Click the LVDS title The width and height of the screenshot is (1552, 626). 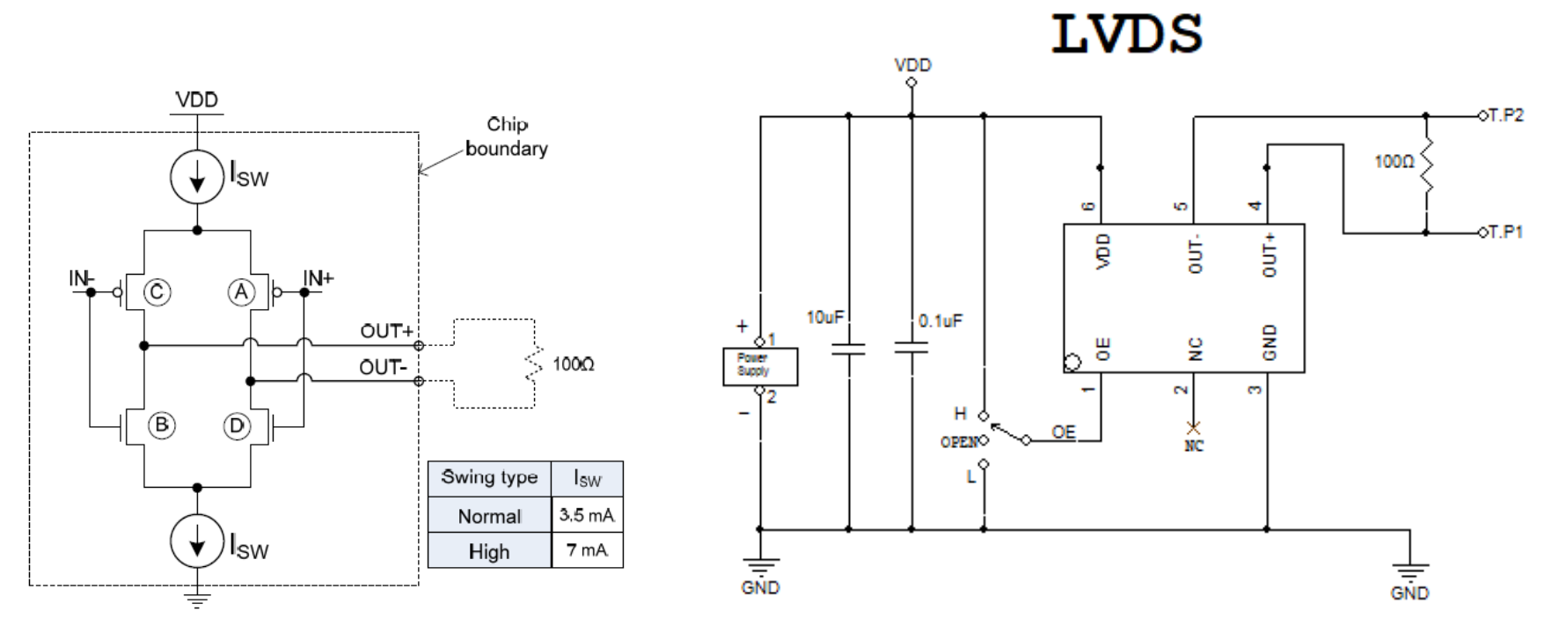(1126, 35)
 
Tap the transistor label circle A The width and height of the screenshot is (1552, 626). (240, 291)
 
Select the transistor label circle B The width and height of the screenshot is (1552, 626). (161, 425)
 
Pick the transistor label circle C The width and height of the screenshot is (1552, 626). (157, 291)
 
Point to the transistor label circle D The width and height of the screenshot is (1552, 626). (236, 426)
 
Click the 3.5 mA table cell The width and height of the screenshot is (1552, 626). (587, 515)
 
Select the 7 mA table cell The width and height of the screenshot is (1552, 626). (587, 550)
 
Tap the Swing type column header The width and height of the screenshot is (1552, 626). (489, 478)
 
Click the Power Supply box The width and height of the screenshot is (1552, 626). (760, 365)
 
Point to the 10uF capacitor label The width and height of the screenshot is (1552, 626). (825, 317)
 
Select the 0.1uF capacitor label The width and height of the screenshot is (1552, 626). (941, 321)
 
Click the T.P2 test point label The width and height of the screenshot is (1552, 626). (1505, 115)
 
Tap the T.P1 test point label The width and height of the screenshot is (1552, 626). (1505, 232)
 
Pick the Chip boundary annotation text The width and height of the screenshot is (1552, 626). (507, 136)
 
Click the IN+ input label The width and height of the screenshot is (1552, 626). (318, 279)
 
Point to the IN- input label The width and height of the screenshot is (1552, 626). (82, 279)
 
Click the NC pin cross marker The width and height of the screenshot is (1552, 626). (1194, 428)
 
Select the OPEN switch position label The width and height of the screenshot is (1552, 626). (959, 442)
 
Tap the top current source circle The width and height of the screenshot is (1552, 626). (197, 177)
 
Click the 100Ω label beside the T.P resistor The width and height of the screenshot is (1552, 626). (1395, 162)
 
